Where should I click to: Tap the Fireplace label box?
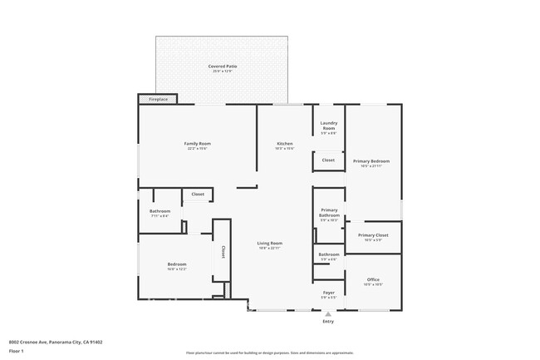(x=158, y=100)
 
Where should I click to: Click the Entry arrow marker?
(x=328, y=314)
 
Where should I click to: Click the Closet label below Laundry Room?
(x=328, y=160)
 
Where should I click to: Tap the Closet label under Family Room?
(x=198, y=195)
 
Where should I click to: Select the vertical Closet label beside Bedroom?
(x=223, y=252)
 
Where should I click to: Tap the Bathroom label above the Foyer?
(x=328, y=256)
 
